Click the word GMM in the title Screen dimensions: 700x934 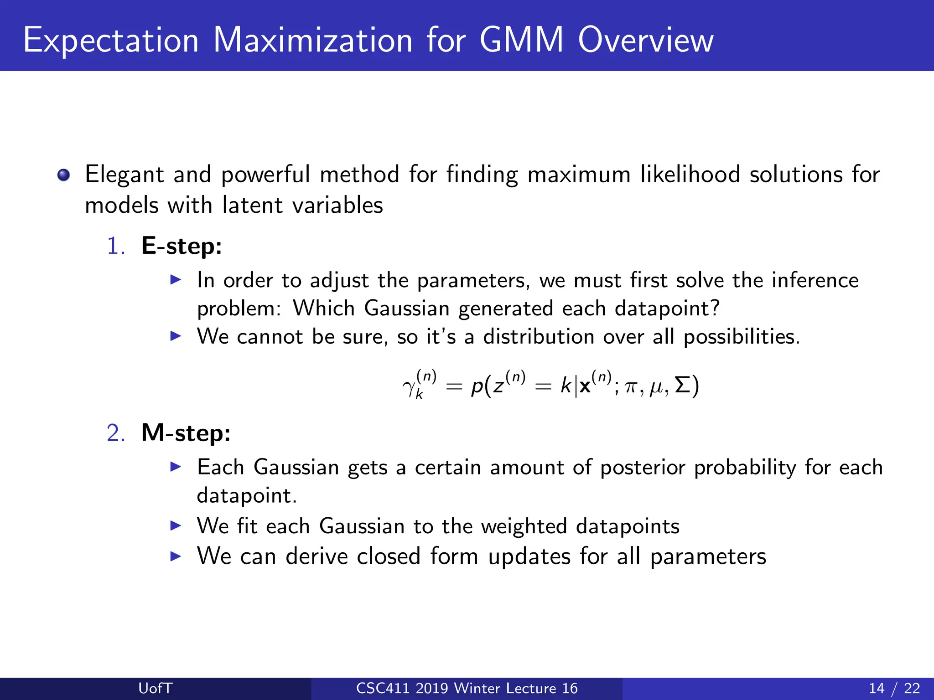point(521,40)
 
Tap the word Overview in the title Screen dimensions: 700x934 point(645,40)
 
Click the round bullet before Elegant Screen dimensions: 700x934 point(63,175)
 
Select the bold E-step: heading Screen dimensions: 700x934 point(182,246)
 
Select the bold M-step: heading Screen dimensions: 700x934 point(186,433)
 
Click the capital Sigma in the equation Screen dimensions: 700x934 point(683,385)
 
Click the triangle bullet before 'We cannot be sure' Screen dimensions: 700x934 point(176,336)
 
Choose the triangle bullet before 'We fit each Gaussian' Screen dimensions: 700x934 point(176,526)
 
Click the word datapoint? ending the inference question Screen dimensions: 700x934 point(667,309)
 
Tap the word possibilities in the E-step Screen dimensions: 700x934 point(741,337)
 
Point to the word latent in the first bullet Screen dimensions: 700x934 point(252,205)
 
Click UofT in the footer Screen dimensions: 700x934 point(155,688)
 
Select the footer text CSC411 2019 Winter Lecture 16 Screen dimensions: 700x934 point(467,688)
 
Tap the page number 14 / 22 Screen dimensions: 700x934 point(894,688)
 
